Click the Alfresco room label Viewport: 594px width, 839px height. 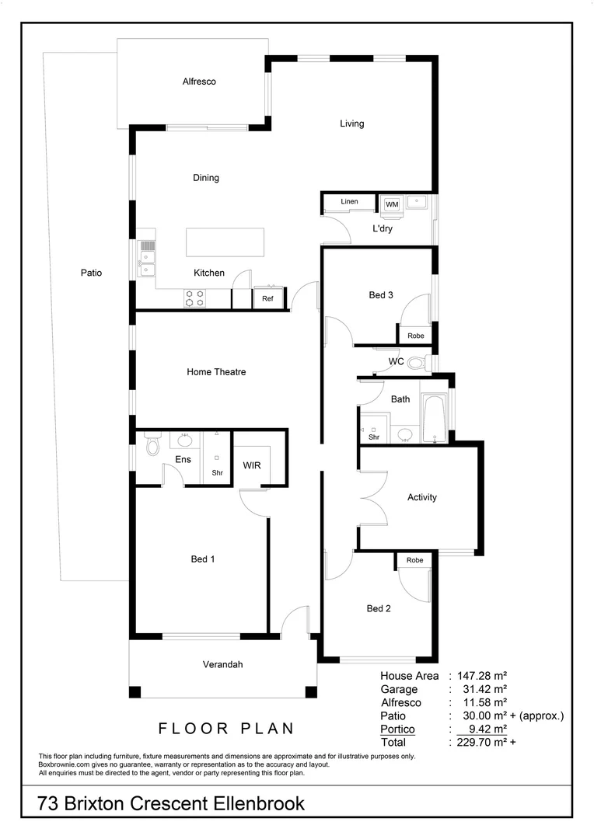pos(199,82)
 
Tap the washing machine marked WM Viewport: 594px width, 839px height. pos(391,204)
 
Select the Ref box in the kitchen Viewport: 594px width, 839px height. pos(267,298)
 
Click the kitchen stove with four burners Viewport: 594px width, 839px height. pos(194,298)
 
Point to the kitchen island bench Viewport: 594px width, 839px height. pos(225,242)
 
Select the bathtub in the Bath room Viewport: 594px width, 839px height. pos(435,418)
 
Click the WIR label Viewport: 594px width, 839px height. pos(252,465)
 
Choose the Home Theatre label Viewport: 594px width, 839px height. pos(216,372)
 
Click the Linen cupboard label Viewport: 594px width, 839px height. pos(349,202)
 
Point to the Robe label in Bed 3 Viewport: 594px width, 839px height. pos(415,336)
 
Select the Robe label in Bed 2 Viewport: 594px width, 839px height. pos(414,560)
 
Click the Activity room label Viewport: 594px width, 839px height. pos(422,497)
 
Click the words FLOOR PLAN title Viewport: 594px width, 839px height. pos(226,729)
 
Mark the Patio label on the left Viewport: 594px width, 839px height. pos(91,273)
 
